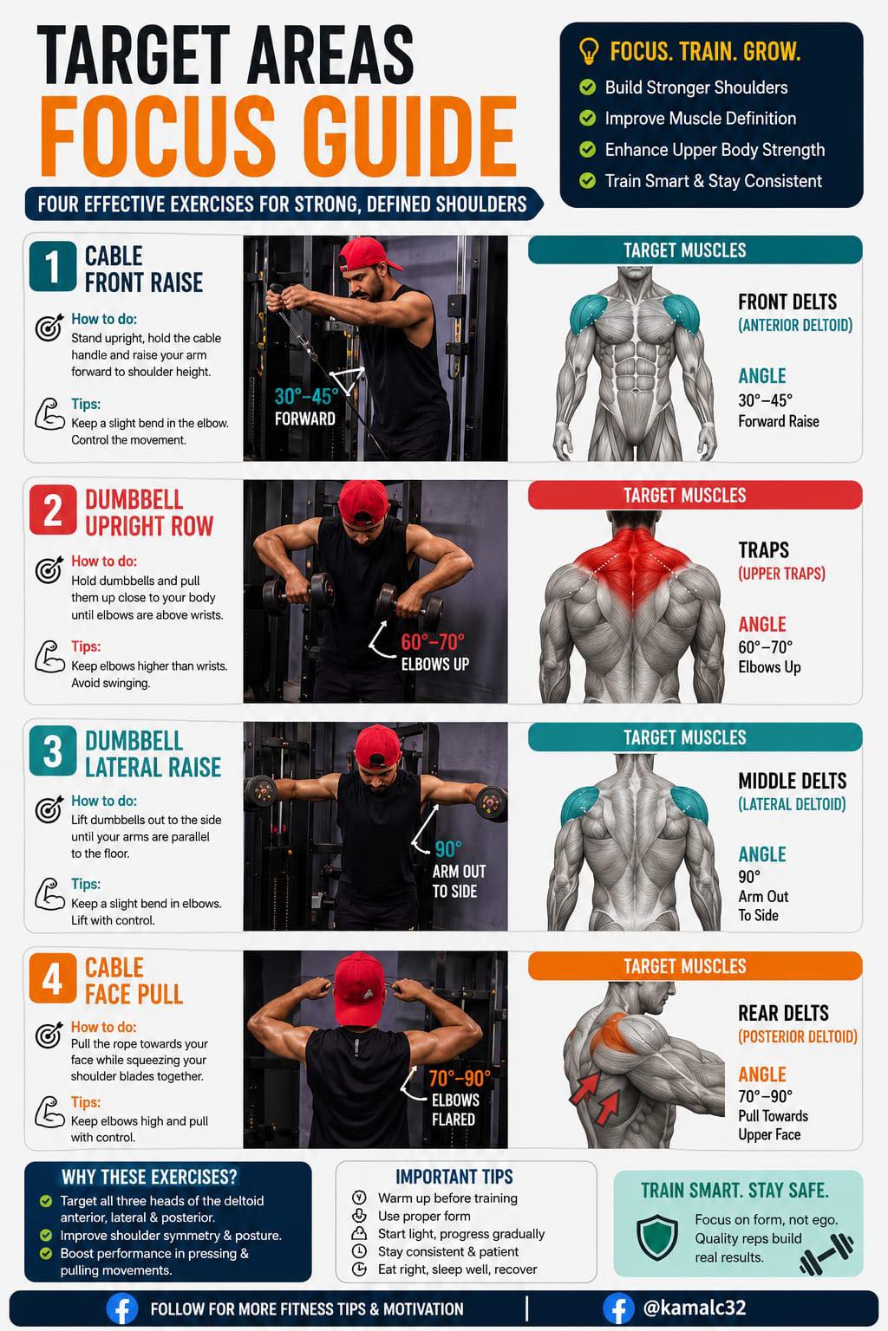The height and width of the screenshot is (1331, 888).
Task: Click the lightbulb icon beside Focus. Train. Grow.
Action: [x=588, y=51]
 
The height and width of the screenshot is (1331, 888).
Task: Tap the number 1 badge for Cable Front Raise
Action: [x=53, y=266]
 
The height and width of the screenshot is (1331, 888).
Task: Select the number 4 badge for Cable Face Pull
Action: [x=53, y=978]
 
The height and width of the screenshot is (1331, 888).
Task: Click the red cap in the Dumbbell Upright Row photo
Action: [x=363, y=501]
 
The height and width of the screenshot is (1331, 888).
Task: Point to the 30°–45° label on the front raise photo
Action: [x=306, y=396]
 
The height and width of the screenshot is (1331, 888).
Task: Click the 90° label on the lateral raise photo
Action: [x=447, y=849]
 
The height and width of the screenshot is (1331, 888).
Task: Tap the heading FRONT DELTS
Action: [x=787, y=302]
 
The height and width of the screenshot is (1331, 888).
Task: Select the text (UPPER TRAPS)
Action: [x=781, y=574]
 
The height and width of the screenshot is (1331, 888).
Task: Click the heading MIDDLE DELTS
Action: [x=793, y=780]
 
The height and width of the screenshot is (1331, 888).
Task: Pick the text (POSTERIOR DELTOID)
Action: [x=798, y=1036]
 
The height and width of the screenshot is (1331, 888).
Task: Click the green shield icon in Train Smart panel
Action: [x=656, y=1237]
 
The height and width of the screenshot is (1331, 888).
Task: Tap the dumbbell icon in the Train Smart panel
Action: [x=826, y=1253]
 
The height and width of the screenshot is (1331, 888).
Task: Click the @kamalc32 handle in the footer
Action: [x=694, y=1308]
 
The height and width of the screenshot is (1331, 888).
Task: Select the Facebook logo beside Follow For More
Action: [x=122, y=1308]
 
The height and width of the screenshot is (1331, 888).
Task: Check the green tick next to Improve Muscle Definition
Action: [x=588, y=118]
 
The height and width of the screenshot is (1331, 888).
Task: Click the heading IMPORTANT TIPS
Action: [x=454, y=1177]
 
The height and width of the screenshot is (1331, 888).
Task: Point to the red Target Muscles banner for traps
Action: [x=695, y=495]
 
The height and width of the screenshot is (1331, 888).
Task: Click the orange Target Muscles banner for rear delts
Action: [x=695, y=966]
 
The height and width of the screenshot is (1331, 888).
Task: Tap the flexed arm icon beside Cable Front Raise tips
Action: [x=49, y=414]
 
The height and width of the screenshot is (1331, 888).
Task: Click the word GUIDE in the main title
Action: [x=410, y=136]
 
